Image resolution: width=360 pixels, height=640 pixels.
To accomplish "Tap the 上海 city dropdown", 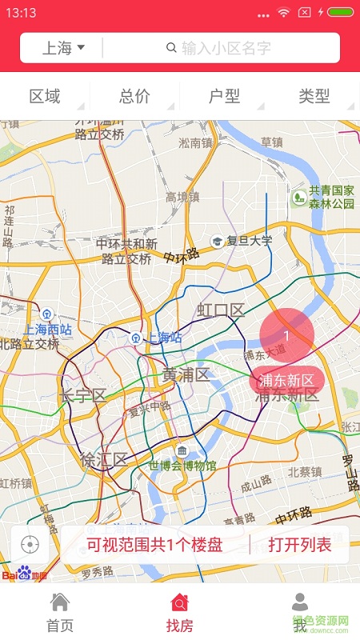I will tap(63, 48).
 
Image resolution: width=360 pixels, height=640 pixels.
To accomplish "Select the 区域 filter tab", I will tap(45, 97).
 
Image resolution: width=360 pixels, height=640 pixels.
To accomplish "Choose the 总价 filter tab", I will tap(134, 97).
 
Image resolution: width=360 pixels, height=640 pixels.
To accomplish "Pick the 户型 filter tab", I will tap(224, 97).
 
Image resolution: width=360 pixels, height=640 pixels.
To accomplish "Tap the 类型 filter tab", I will tap(314, 97).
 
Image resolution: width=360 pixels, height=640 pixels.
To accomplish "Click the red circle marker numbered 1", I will tap(286, 334).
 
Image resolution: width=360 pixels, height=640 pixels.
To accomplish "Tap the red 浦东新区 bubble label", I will tap(286, 379).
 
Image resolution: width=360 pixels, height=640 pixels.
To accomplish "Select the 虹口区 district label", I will tap(221, 310).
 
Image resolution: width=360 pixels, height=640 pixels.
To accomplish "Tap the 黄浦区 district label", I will tap(186, 374).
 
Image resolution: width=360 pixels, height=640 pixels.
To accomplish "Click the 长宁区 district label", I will tap(82, 395).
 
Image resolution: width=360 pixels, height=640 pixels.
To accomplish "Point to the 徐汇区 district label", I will tap(104, 459).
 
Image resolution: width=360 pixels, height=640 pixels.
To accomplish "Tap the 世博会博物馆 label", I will tap(182, 465).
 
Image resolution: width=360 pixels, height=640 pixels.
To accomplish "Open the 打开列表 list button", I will tap(300, 546).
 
